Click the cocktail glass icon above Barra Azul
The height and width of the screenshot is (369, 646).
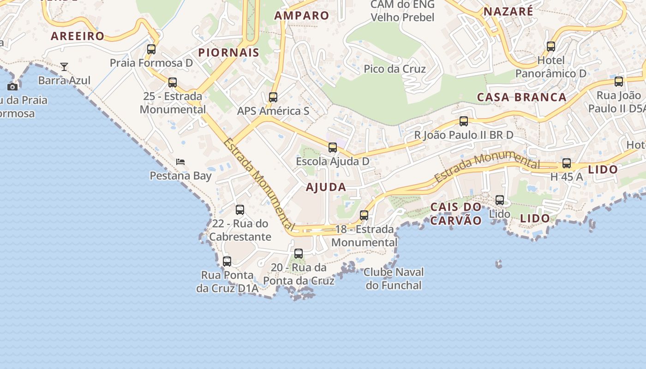click(x=64, y=67)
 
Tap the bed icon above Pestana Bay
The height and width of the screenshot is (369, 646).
click(x=180, y=162)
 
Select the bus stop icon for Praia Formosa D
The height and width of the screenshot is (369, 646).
click(x=151, y=49)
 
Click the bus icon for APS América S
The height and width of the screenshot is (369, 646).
click(x=273, y=97)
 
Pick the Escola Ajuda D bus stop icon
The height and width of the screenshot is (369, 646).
click(x=333, y=148)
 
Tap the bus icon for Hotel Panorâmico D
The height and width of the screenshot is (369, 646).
click(x=550, y=46)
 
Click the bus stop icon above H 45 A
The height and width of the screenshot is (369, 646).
click(x=567, y=163)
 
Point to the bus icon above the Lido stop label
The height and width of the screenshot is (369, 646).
click(x=500, y=200)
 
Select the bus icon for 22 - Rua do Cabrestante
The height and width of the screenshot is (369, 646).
click(x=240, y=210)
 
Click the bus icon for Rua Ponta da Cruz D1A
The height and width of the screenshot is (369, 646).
click(x=227, y=262)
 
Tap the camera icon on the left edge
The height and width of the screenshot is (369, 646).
click(x=12, y=87)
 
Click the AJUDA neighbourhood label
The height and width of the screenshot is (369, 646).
click(x=326, y=187)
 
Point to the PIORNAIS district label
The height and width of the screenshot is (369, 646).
click(x=229, y=53)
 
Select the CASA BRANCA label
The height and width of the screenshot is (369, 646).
click(x=521, y=97)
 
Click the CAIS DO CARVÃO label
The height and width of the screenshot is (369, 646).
click(x=456, y=214)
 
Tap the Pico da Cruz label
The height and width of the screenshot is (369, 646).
click(x=395, y=69)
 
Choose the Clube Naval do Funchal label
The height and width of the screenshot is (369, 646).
click(x=394, y=279)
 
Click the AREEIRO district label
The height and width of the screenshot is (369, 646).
click(x=78, y=36)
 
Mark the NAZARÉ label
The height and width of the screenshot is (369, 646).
click(x=508, y=12)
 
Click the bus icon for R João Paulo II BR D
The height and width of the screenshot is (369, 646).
click(x=464, y=121)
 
